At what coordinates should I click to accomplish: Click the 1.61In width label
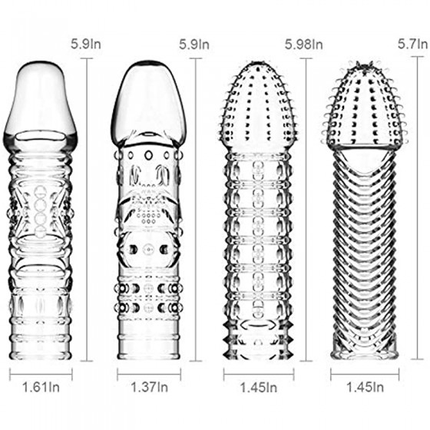pyautogui.click(x=41, y=387)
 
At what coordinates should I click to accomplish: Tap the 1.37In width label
pyautogui.click(x=149, y=387)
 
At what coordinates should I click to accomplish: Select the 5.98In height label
pyautogui.click(x=303, y=45)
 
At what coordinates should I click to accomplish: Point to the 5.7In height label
pyautogui.click(x=413, y=44)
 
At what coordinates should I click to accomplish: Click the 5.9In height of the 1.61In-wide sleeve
pyautogui.click(x=86, y=45)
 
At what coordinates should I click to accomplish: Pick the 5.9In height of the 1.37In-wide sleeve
pyautogui.click(x=194, y=45)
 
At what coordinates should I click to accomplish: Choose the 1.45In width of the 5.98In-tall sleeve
pyautogui.click(x=259, y=388)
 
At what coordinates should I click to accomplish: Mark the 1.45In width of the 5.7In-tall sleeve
pyautogui.click(x=365, y=387)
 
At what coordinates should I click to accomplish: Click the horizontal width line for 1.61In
pyautogui.click(x=41, y=374)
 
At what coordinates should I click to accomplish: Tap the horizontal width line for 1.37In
pyautogui.click(x=149, y=374)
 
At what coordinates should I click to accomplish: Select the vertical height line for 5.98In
pyautogui.click(x=306, y=210)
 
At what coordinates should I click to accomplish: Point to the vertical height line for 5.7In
pyautogui.click(x=418, y=207)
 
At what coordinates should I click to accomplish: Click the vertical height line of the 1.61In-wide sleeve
pyautogui.click(x=88, y=210)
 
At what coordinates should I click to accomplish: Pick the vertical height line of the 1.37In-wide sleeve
pyautogui.click(x=196, y=210)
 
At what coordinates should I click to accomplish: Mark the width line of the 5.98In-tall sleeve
pyautogui.click(x=259, y=374)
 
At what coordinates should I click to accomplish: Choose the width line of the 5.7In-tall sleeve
pyautogui.click(x=365, y=374)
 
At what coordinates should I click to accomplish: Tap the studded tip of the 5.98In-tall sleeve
pyautogui.click(x=259, y=104)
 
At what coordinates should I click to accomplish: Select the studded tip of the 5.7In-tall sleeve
pyautogui.click(x=364, y=104)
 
